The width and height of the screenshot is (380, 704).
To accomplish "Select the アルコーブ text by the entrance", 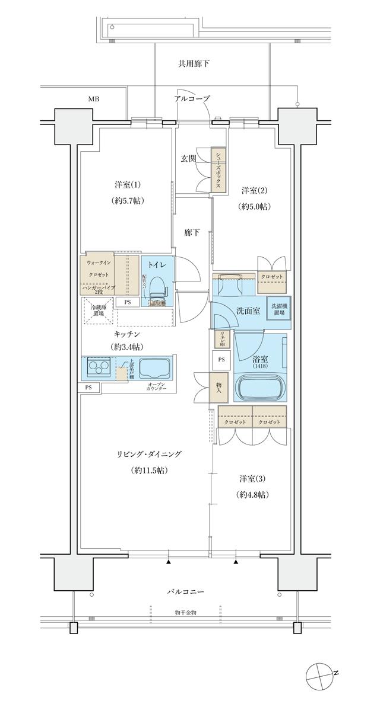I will pos(192,98).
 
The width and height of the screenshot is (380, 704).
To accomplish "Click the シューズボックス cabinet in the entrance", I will pos(218,169).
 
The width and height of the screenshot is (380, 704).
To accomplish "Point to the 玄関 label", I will pos(189,158).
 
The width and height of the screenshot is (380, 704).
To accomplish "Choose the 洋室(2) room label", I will pos(254,190).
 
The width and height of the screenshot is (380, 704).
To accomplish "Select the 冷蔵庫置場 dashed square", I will pos(97,312).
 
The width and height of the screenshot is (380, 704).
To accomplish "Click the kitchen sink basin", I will pos(153,369).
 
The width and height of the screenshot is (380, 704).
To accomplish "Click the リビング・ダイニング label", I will pos(148,455).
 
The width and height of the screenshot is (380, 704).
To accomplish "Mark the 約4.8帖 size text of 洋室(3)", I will pos(254,494).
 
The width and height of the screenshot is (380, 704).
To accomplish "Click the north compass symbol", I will pos(320,674).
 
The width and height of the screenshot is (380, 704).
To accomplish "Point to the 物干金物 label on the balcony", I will pos(186,612).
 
